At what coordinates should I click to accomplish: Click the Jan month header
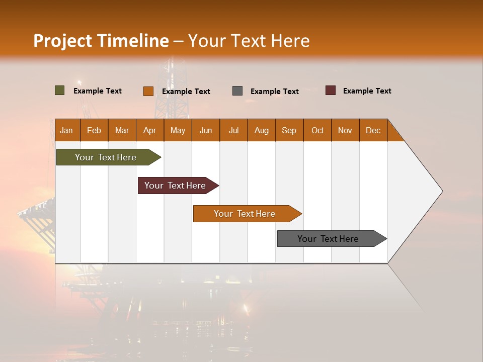66,130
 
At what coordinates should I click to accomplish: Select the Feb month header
94,130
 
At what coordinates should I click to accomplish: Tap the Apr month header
149,130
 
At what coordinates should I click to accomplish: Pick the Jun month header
206,130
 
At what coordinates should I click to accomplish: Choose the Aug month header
261,130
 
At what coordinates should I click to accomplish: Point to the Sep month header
289,130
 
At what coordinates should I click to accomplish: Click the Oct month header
317,130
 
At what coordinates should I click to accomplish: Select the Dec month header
373,130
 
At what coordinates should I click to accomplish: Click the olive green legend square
60,90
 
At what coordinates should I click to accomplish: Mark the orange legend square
148,91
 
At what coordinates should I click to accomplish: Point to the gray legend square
237,91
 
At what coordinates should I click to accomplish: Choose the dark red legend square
331,90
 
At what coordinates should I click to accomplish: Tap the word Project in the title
63,41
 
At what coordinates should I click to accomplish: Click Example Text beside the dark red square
367,91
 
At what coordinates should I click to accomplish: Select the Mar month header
122,130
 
